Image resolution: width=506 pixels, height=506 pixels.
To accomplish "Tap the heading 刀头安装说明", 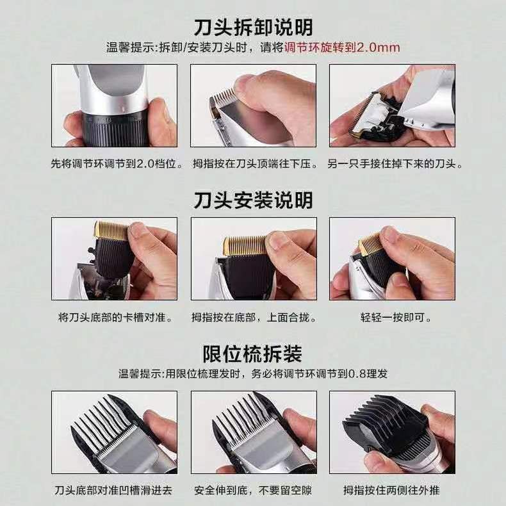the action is pyautogui.click(x=254, y=200).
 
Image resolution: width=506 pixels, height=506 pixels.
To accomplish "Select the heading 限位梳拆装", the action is pyautogui.click(x=252, y=354).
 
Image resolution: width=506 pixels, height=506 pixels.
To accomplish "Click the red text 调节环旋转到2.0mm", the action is pyautogui.click(x=342, y=48).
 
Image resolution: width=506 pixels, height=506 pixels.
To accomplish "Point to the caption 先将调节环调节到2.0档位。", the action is pyautogui.click(x=117, y=163).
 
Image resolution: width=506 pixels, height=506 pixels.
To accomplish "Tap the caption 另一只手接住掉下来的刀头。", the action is pyautogui.click(x=395, y=163).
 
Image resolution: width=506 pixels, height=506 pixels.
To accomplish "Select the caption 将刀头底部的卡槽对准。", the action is pyautogui.click(x=116, y=318).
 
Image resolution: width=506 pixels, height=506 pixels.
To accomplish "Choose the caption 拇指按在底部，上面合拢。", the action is pyautogui.click(x=254, y=318).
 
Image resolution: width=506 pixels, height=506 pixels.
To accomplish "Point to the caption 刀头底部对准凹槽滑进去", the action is pyautogui.click(x=113, y=491).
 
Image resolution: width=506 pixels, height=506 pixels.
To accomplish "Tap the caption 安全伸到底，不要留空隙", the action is pyautogui.click(x=253, y=491).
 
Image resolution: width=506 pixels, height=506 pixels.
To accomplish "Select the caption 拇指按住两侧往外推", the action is pyautogui.click(x=391, y=491).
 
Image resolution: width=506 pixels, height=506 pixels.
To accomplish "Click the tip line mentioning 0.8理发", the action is pyautogui.click(x=253, y=374).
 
